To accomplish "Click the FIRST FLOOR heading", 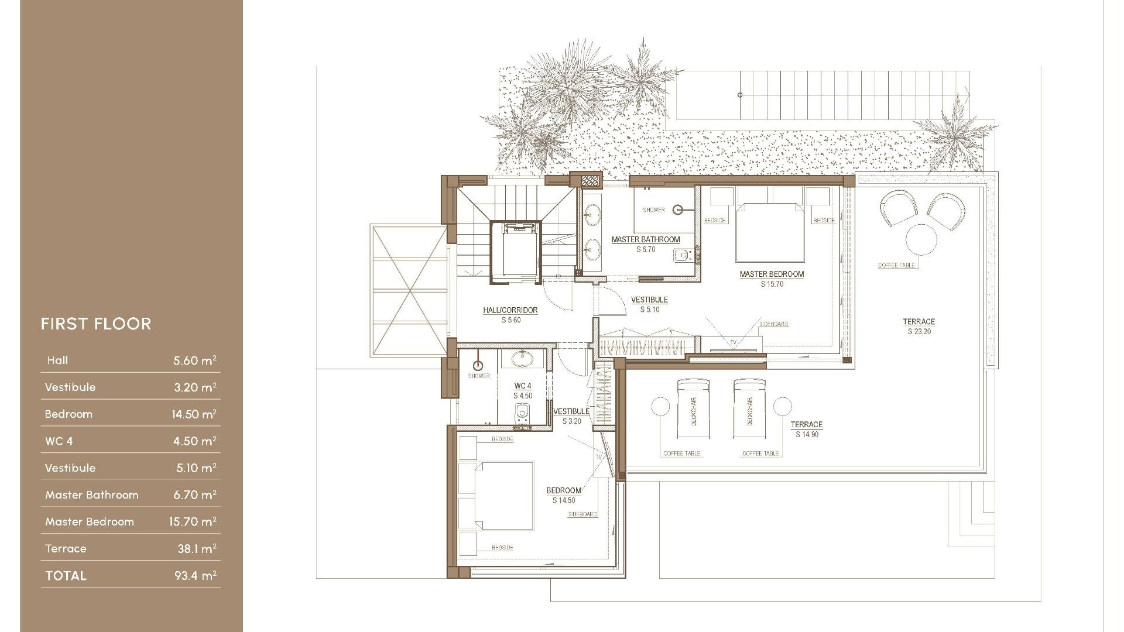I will click(x=96, y=324).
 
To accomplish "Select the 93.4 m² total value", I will click(x=195, y=576).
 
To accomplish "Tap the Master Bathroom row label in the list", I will click(x=92, y=495).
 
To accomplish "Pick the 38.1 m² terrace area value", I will click(x=197, y=549).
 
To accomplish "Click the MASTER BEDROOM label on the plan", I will click(x=772, y=274).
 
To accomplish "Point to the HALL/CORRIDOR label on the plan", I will click(x=510, y=310).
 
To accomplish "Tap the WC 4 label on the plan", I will click(x=523, y=386).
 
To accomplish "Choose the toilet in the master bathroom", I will click(x=683, y=256).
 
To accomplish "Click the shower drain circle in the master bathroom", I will click(x=677, y=209).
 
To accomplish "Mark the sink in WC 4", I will click(x=522, y=358).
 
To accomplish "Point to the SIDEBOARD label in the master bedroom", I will click(x=773, y=324).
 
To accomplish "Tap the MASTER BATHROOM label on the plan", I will click(x=646, y=239).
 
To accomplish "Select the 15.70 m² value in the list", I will click(x=193, y=522).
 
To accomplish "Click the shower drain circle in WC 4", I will click(x=478, y=366).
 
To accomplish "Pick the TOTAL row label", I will click(x=66, y=576).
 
